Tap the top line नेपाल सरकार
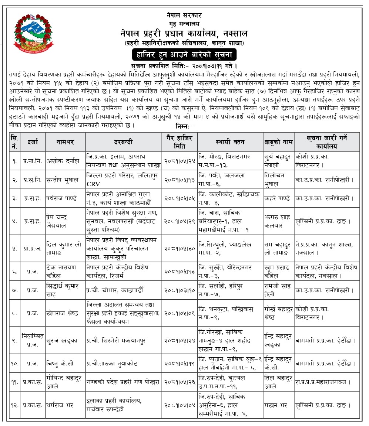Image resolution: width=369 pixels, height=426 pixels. pos(184,16)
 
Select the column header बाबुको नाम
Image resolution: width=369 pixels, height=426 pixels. pos(278,142)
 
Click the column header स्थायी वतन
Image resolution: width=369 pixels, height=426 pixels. pos(230,141)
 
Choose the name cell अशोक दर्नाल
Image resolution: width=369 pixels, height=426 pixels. pos(63,161)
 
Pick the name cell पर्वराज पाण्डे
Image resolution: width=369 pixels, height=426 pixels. pos(62,198)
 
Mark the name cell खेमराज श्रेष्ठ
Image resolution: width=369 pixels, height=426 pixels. pos(63,313)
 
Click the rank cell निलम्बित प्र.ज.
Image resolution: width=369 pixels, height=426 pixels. pos(33,340)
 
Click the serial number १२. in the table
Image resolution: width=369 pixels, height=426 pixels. pos(14,405)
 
